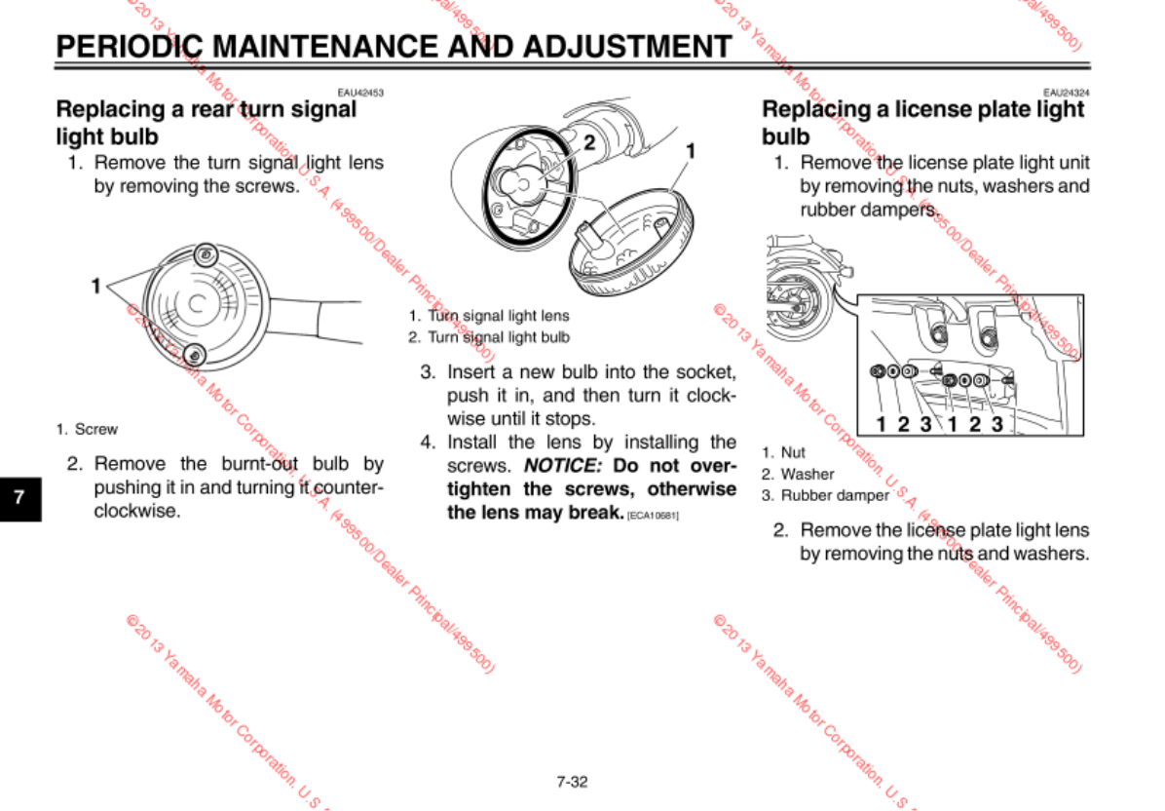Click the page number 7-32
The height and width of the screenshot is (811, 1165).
(x=572, y=782)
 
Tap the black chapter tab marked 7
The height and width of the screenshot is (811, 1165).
(x=19, y=496)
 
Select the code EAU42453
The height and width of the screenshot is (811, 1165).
(x=360, y=93)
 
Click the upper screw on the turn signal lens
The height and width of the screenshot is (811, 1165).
(x=205, y=255)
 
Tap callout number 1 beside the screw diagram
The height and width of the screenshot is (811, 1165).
(x=95, y=286)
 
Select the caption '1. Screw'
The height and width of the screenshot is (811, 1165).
(x=87, y=429)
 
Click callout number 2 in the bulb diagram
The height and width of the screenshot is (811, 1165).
(x=588, y=143)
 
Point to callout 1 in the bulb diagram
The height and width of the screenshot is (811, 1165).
(x=691, y=150)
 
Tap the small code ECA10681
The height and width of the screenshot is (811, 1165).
(x=652, y=514)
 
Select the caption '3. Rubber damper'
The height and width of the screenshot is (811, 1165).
(x=825, y=495)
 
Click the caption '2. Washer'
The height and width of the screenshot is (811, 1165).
(x=798, y=474)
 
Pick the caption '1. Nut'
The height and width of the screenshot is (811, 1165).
(x=784, y=452)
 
